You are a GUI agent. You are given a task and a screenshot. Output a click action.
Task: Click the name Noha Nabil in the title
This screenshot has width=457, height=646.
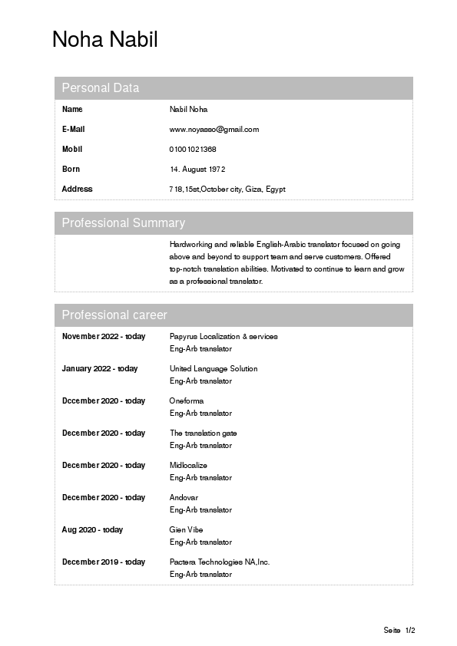[x=104, y=39]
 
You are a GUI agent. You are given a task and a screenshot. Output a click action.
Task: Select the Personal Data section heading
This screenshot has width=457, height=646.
[x=101, y=88]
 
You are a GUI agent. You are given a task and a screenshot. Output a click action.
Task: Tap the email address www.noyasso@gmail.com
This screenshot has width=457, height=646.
[x=214, y=130]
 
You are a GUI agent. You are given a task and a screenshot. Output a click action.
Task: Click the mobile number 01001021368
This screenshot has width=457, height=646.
[x=193, y=150]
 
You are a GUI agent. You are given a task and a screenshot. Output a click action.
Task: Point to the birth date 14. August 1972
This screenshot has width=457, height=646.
[x=197, y=170]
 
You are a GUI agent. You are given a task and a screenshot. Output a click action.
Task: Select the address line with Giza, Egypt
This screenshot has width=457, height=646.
[x=227, y=190]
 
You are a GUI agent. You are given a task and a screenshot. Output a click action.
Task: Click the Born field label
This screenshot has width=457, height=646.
[x=71, y=170]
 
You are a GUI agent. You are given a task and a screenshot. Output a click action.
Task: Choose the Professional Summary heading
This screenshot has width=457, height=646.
[x=123, y=223]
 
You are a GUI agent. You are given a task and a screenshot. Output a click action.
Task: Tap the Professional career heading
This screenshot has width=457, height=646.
[x=114, y=315]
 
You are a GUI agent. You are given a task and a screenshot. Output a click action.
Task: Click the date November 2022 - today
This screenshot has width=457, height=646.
[x=103, y=337]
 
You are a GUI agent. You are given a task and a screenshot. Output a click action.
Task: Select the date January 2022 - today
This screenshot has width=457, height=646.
[x=100, y=369]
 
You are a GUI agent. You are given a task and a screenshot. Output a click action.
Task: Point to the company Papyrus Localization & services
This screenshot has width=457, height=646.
[x=224, y=337]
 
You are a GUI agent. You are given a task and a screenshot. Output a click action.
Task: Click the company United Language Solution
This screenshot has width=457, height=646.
[x=214, y=369]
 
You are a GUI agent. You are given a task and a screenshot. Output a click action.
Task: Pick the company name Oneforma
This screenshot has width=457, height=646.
[x=187, y=401]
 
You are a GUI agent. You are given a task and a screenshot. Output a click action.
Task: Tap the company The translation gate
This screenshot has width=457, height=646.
[x=203, y=433]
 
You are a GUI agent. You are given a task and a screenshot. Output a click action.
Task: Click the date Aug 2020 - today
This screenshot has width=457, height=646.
[x=92, y=530]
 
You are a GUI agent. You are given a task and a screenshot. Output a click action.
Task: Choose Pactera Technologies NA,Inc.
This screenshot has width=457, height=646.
[x=220, y=562]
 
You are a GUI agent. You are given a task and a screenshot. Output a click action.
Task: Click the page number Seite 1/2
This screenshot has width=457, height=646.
[x=399, y=631]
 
